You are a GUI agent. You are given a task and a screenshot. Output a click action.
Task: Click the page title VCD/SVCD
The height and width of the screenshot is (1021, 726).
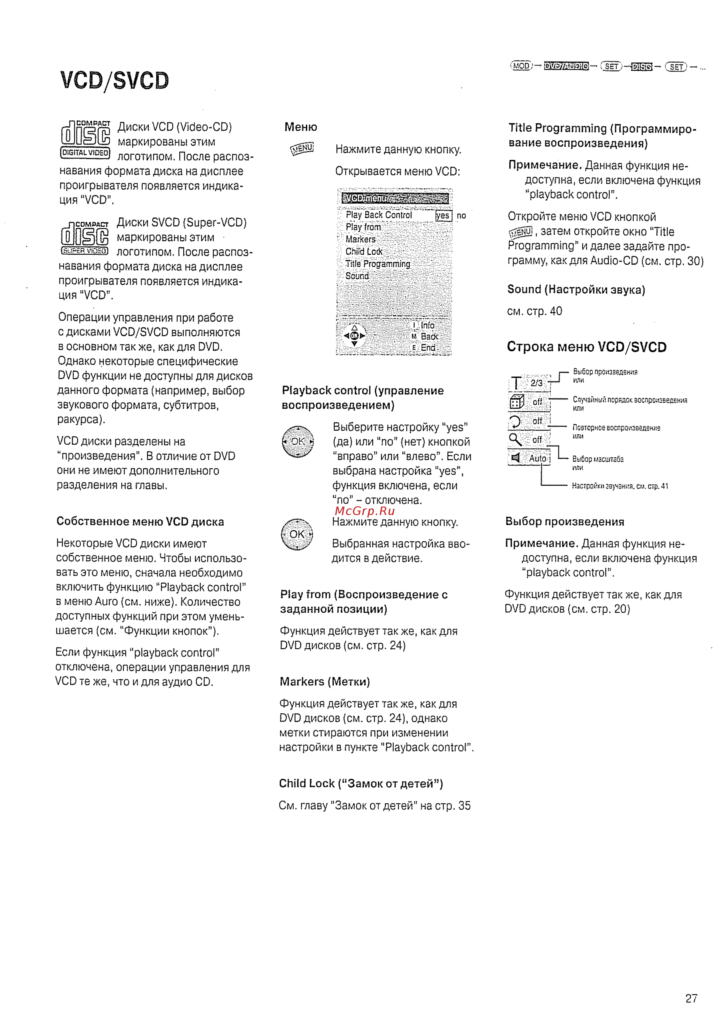pyautogui.click(x=115, y=81)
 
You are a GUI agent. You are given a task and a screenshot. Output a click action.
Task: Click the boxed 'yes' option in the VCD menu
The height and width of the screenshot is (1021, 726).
pyautogui.click(x=443, y=216)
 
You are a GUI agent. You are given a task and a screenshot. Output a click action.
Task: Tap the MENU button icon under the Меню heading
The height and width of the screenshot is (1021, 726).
pyautogui.click(x=302, y=149)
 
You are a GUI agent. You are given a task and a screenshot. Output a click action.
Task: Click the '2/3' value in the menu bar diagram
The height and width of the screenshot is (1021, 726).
pyautogui.click(x=536, y=383)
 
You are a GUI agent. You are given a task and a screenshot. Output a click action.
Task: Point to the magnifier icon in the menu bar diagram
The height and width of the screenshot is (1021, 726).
pyautogui.click(x=515, y=440)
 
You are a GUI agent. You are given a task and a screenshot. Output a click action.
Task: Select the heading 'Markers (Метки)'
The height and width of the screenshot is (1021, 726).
pyautogui.click(x=325, y=681)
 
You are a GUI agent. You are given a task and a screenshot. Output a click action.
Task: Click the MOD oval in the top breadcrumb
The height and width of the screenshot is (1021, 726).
pyautogui.click(x=521, y=66)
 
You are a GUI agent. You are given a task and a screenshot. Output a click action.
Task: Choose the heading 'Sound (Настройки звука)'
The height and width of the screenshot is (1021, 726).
pyautogui.click(x=576, y=290)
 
